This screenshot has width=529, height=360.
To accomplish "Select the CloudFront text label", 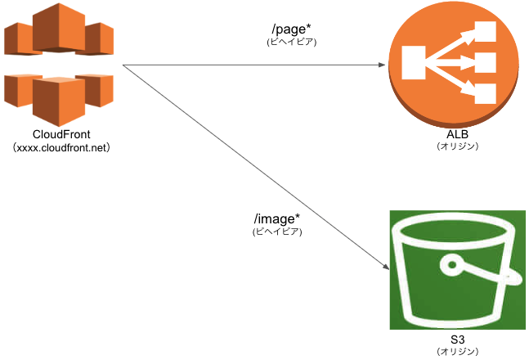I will click(61, 134).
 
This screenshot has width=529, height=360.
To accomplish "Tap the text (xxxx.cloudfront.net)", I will click(61, 148).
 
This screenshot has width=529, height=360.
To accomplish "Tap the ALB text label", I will click(456, 134).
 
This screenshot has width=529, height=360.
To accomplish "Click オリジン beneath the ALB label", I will click(456, 146).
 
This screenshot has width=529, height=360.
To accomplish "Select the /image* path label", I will click(277, 219).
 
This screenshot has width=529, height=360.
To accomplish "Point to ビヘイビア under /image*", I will click(277, 232).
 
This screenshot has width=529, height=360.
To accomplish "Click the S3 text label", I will click(456, 337).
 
